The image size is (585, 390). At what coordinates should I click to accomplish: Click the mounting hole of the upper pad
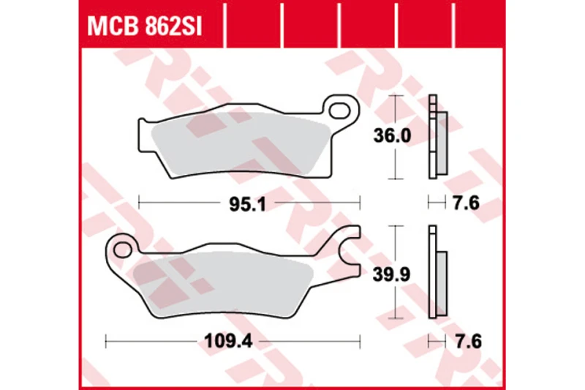[x=340, y=110]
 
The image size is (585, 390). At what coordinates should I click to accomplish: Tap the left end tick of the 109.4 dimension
[x=107, y=340]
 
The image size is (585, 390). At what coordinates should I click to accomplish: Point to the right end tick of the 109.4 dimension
[x=359, y=340]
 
